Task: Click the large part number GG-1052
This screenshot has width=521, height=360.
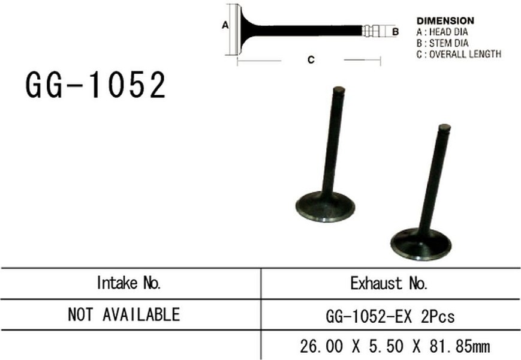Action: (96, 85)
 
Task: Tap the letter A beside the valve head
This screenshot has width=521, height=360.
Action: (225, 25)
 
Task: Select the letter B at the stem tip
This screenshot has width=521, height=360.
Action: (396, 32)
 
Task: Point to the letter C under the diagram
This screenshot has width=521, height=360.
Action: (311, 60)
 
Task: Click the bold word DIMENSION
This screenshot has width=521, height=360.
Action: (445, 21)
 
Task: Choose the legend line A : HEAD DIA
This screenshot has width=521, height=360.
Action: (442, 32)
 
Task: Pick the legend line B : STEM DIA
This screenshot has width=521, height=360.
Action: (442, 43)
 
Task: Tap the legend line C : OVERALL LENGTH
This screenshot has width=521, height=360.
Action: (459, 54)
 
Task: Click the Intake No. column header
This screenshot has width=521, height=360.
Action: (129, 283)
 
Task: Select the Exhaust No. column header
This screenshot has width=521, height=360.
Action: (389, 283)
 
